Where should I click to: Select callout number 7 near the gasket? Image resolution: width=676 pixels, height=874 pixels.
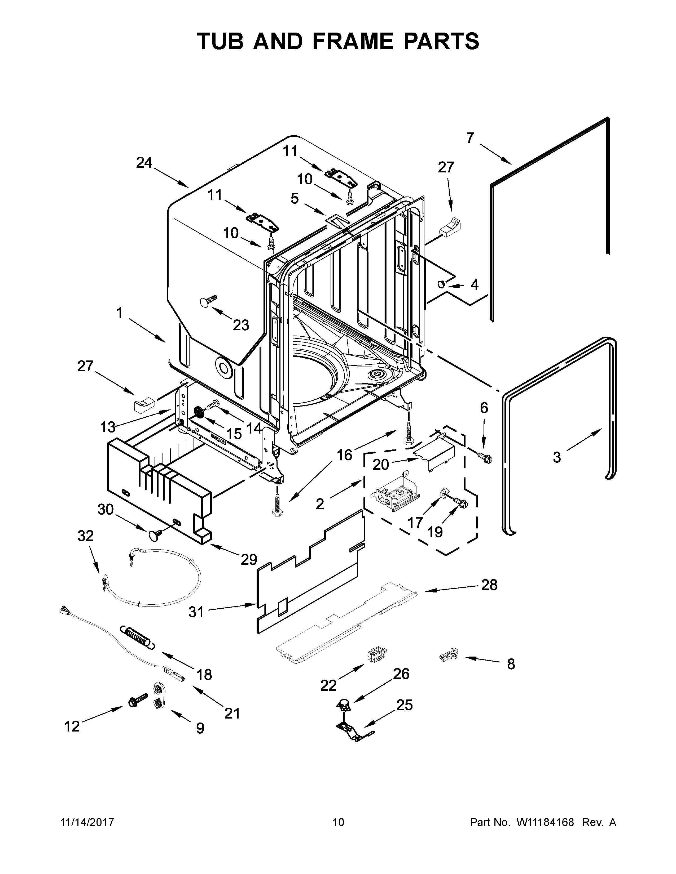point(470,138)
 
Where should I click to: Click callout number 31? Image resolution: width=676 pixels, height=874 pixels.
point(196,612)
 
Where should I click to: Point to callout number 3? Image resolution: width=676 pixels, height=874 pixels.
point(557,457)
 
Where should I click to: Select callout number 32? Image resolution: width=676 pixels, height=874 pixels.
point(85,536)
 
